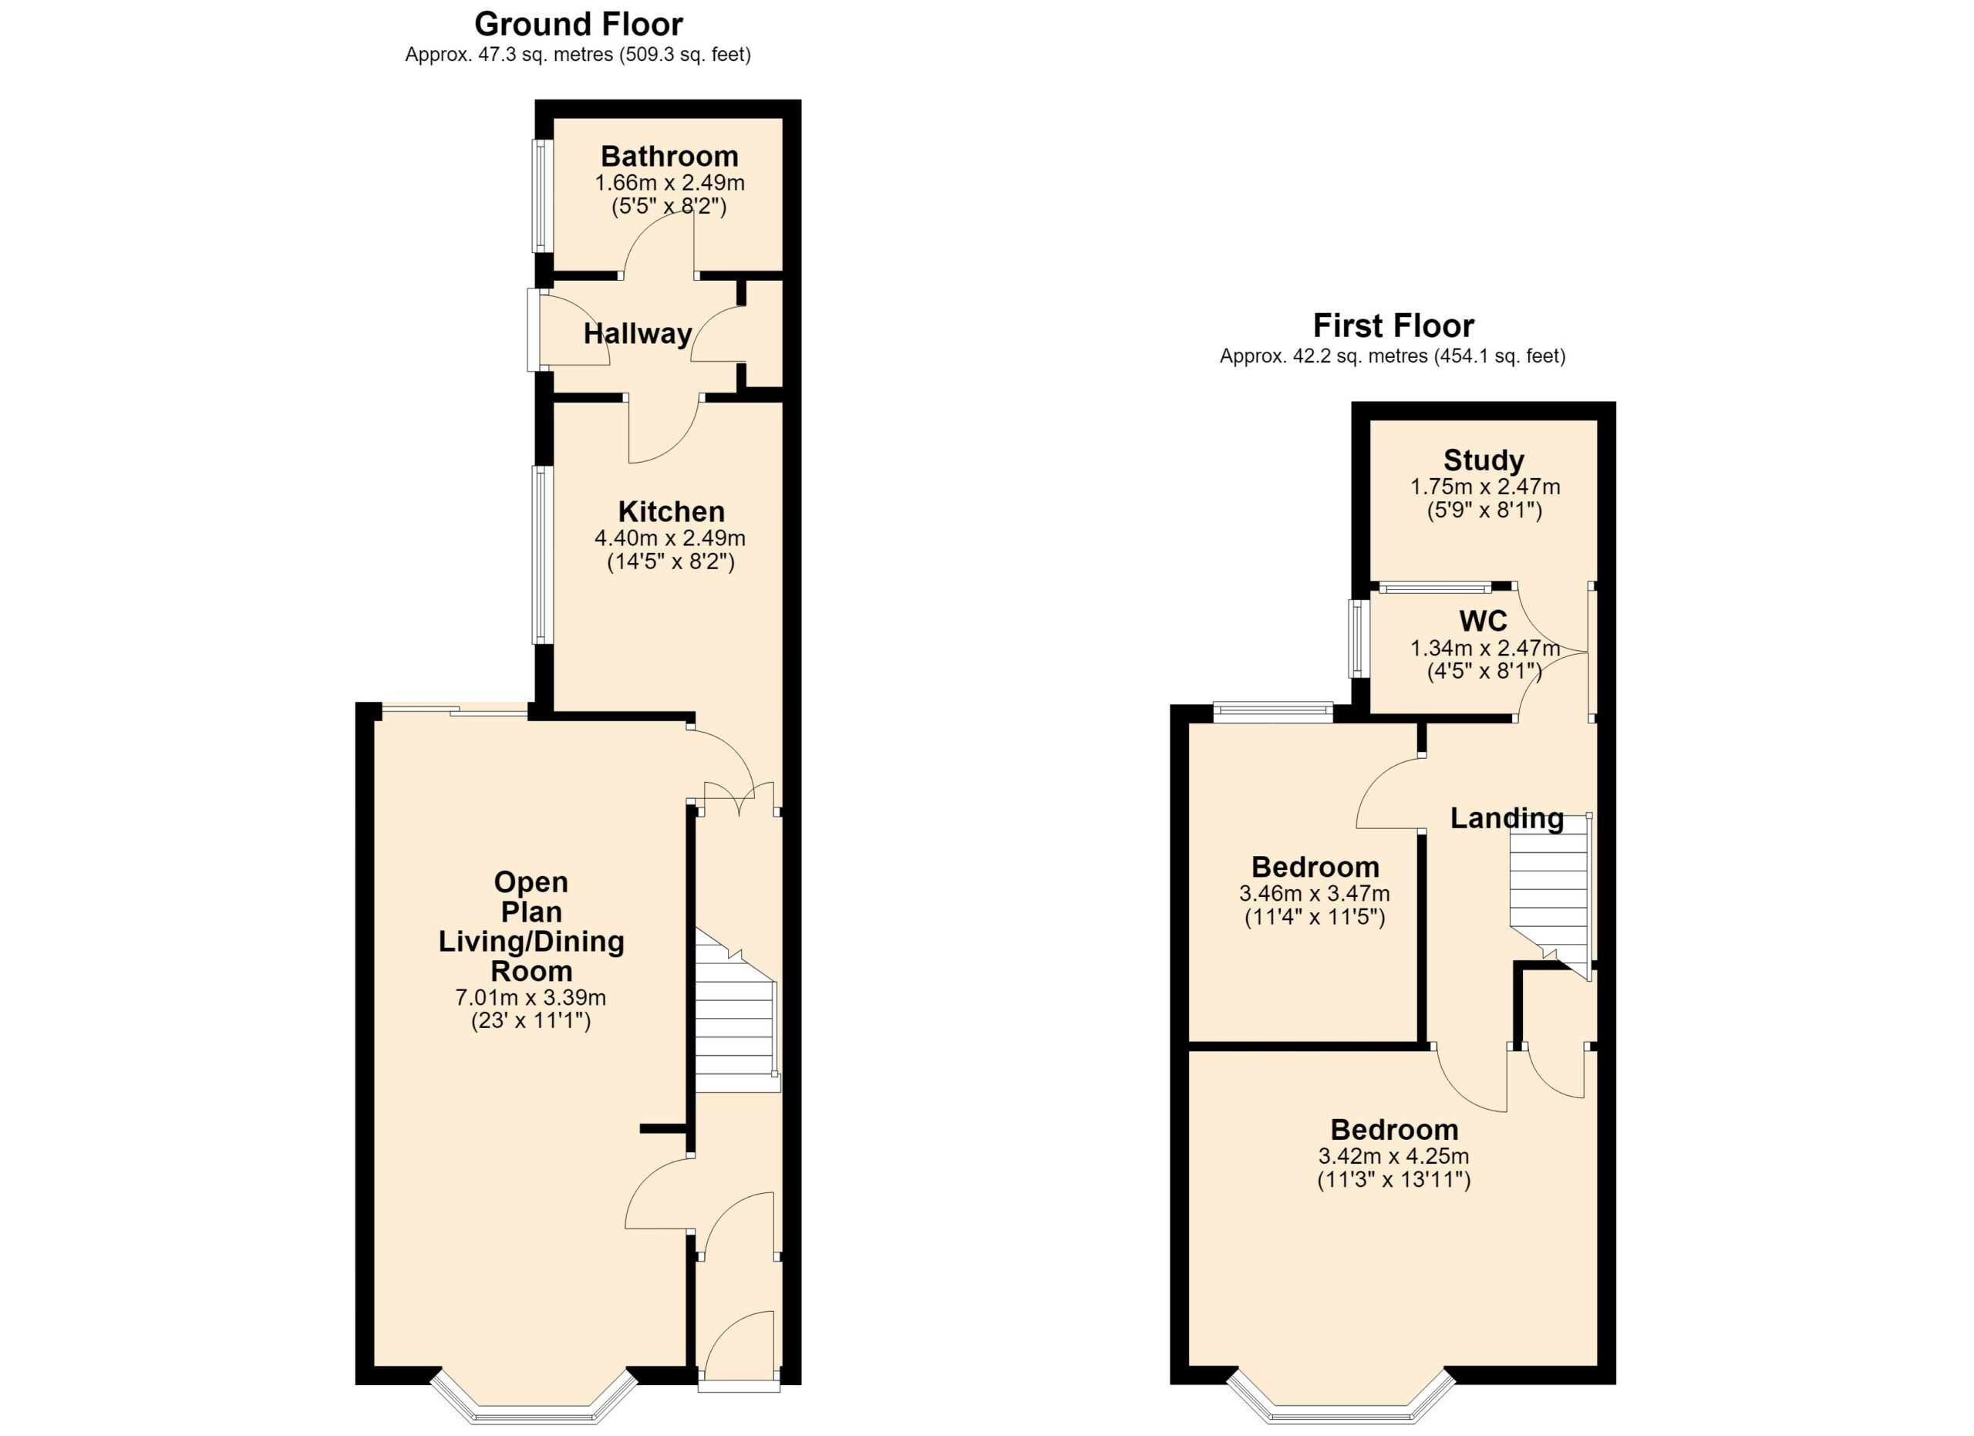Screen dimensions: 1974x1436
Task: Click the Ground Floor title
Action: pos(578,23)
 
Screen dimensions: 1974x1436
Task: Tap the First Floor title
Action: pos(1393,325)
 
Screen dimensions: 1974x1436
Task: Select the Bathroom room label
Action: pos(669,157)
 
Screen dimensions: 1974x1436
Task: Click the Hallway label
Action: pos(637,333)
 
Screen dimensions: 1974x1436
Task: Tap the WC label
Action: pos(1483,622)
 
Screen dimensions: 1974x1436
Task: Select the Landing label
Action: pos(1507,818)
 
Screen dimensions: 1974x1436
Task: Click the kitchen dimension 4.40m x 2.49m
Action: pos(670,539)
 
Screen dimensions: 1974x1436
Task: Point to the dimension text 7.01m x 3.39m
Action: pos(531,997)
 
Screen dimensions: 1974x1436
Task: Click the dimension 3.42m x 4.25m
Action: pos(1393,1157)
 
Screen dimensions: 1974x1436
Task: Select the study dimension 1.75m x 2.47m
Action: pos(1485,487)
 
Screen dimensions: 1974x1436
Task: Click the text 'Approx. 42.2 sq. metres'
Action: pos(1324,356)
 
